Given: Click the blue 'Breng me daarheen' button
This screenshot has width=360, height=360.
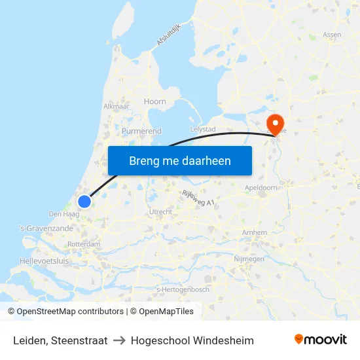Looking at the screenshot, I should (179, 160).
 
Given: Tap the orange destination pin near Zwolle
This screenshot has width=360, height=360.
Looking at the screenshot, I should (276, 122).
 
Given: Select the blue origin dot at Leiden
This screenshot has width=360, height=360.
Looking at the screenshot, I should (84, 202).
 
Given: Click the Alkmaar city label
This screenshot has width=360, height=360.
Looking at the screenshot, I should (117, 106).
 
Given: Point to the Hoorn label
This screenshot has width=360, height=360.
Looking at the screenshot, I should (155, 101).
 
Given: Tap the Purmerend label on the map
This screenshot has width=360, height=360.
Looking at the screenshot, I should (141, 131).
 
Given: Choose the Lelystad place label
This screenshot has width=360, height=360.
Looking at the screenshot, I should (202, 130).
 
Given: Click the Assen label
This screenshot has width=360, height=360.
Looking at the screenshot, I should (332, 35).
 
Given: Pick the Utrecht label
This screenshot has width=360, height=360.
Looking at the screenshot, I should (160, 212).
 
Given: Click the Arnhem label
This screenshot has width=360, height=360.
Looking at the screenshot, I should (254, 232).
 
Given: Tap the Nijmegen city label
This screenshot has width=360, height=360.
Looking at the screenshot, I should (249, 259).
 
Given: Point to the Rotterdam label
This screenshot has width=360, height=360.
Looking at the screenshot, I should (84, 244).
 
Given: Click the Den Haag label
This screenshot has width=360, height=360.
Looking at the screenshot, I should (64, 214).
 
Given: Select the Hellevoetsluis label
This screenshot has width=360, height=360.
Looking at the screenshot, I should (44, 261).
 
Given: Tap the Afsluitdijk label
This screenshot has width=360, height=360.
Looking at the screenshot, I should (167, 35).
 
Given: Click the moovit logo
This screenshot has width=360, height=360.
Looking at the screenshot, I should (321, 340).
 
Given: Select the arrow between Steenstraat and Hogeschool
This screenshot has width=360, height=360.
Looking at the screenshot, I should (119, 340).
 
